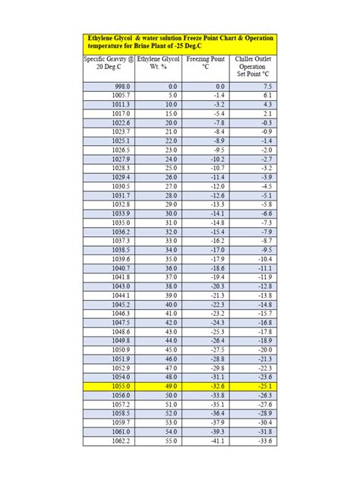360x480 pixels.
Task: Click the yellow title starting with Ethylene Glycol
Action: pos(179,43)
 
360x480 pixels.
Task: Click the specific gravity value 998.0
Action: pos(121,86)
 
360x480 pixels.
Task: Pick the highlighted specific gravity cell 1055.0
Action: pos(121,386)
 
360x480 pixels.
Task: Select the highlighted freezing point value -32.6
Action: pos(216,386)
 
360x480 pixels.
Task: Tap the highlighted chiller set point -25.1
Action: pos(263,386)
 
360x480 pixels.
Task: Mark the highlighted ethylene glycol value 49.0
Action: pos(169,386)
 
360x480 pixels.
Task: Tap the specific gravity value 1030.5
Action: pos(121,186)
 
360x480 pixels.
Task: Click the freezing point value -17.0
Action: pos(216,249)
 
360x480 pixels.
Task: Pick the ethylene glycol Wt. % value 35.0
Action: pos(169,258)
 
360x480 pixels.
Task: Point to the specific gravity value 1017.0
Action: pos(121,113)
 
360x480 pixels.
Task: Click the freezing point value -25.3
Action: pos(216,331)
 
